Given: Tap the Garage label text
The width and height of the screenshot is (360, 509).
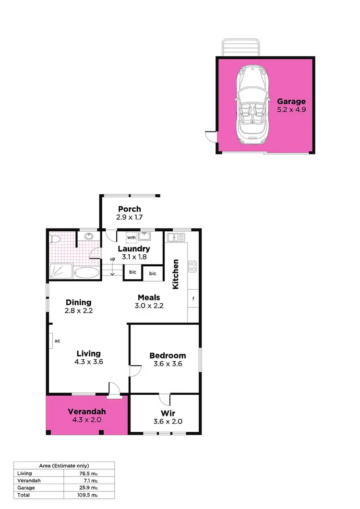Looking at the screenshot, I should (291, 101).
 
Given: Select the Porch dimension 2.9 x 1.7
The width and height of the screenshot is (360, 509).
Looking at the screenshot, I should (129, 217).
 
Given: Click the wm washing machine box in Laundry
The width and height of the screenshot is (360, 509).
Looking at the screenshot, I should (132, 237).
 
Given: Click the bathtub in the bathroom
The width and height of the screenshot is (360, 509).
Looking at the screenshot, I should (86, 273).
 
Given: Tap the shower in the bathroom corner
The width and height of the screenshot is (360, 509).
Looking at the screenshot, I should (61, 271).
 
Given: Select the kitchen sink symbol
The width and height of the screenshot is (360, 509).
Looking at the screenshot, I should (176, 237).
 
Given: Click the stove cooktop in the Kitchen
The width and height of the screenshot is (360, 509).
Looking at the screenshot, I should (192, 266).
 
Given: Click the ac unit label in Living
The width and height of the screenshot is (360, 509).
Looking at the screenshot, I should (56, 341).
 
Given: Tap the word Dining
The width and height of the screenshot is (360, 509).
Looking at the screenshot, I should (79, 302).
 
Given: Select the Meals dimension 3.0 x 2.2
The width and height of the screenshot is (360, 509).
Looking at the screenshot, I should (149, 306).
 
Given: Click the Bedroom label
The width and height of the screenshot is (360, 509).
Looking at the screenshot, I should (168, 355).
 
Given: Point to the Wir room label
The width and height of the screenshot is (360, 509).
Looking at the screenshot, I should (168, 413).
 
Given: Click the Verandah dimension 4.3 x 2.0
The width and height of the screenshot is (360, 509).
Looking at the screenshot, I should (86, 420).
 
